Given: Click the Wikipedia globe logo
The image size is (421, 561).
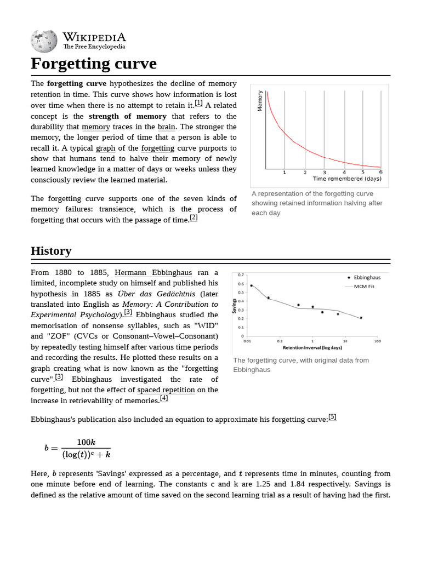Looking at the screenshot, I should pos(44,41).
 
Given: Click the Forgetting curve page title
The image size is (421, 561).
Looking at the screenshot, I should pos(94,64).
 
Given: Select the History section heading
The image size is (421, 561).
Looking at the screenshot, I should pos(51,251).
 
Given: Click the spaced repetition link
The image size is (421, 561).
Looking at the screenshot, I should pos(166,390).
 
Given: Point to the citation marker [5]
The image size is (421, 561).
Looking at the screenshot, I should pos(332,417).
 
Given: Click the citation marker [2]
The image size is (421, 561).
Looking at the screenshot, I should pos(194,218).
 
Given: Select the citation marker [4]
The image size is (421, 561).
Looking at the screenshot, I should pos(164,399).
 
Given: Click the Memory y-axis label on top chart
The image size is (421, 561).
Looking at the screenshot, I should pos(260,101).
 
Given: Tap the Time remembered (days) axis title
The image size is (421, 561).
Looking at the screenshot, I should pos(347,179).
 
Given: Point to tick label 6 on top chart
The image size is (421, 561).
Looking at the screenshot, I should pos(380,172).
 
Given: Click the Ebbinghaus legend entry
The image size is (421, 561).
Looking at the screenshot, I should pos(367,277).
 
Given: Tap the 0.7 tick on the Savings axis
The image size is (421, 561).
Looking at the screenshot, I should pos(241,275).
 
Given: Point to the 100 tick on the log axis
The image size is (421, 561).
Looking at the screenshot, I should pos(377,341).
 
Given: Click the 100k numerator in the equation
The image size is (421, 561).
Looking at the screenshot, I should pos(86,442).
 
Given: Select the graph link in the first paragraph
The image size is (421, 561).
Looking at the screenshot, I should pos(106,148).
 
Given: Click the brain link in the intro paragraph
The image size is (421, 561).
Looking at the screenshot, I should pos(166,127).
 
